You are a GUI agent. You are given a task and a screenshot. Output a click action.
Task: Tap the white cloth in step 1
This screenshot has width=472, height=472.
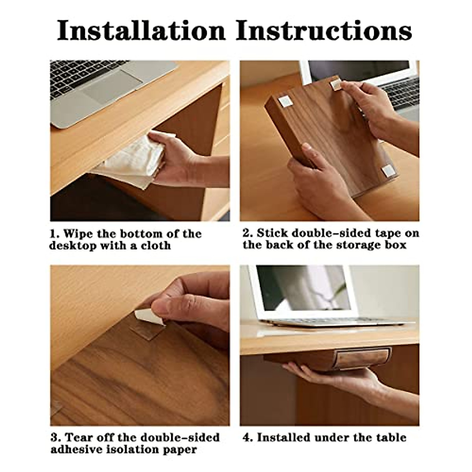coord(126,161)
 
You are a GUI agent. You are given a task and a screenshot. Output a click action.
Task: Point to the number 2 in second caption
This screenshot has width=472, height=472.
coord(247,233)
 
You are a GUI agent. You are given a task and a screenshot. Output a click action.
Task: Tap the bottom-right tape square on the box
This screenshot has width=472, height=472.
coord(387,170)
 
